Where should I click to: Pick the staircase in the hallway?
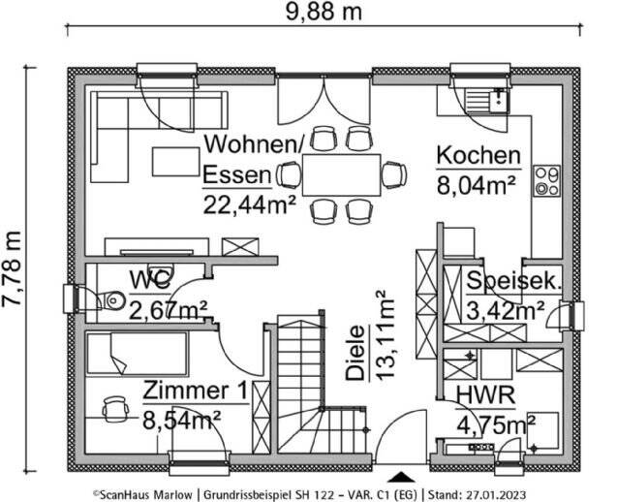[304, 383]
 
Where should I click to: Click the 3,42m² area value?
[505, 311]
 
